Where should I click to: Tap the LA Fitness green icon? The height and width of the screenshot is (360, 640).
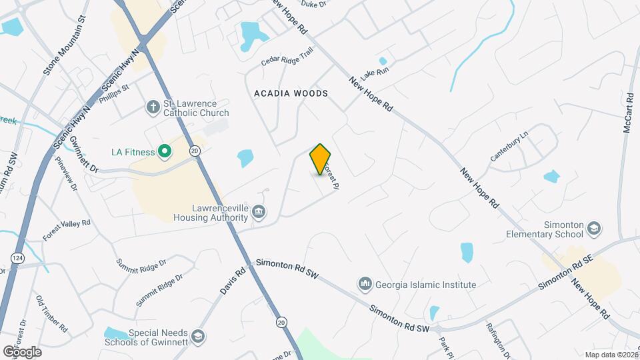pyautogui.click(x=163, y=152)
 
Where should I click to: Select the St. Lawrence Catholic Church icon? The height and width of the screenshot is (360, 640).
pyautogui.click(x=153, y=107)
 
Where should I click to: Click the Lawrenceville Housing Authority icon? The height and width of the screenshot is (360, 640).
pyautogui.click(x=259, y=212)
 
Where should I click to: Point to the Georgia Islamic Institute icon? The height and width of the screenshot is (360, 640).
pyautogui.click(x=365, y=285)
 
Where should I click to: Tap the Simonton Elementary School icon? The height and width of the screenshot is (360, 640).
pyautogui.click(x=593, y=230)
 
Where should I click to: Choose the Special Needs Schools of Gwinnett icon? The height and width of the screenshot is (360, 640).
pyautogui.click(x=197, y=337)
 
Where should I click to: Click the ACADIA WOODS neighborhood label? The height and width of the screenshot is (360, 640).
pyautogui.click(x=291, y=93)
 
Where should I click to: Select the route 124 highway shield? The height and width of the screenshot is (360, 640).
pyautogui.click(x=16, y=257)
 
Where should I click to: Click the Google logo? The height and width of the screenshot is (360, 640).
pyautogui.click(x=22, y=351)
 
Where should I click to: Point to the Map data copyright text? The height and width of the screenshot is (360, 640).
pyautogui.click(x=611, y=355)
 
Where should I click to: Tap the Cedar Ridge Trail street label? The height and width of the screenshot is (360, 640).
pyautogui.click(x=287, y=59)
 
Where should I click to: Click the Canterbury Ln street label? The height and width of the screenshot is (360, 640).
pyautogui.click(x=509, y=145)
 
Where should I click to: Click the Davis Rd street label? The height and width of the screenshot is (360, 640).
pyautogui.click(x=233, y=282)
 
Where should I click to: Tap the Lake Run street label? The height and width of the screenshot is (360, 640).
pyautogui.click(x=374, y=69)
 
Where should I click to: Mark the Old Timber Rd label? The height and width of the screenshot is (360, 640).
pyautogui.click(x=52, y=314)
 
